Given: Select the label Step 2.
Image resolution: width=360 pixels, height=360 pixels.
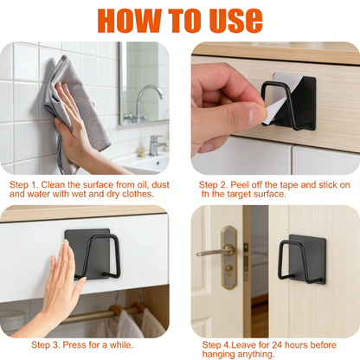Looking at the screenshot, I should (215, 185).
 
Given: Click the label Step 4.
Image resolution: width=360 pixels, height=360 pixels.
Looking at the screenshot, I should (218, 344).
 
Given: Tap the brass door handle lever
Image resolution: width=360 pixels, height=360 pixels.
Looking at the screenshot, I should (216, 252).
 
